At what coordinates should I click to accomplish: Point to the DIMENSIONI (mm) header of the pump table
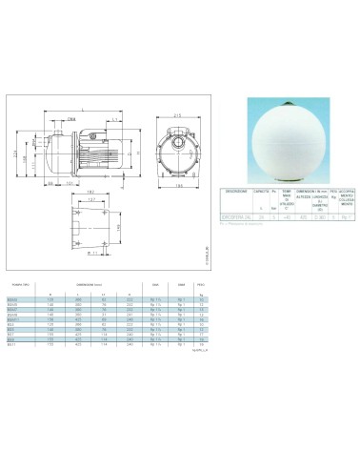[x=101, y=282]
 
